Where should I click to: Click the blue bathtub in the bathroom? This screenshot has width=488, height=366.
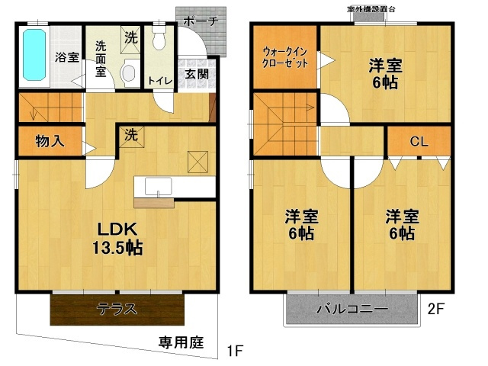tap(35, 55)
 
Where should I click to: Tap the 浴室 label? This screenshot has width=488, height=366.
tap(66, 56)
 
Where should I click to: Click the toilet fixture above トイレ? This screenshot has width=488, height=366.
tap(159, 39)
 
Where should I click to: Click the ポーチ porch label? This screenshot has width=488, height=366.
tap(202, 22)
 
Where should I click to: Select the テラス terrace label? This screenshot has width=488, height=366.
tap(117, 309)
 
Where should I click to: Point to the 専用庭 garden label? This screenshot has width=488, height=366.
tap(181, 342)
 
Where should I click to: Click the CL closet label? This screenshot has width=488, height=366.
tap(419, 140)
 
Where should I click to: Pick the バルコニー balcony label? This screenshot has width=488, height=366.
tap(352, 310)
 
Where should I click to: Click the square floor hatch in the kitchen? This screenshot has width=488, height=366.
tap(198, 161)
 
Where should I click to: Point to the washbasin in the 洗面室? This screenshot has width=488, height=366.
tap(127, 73)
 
